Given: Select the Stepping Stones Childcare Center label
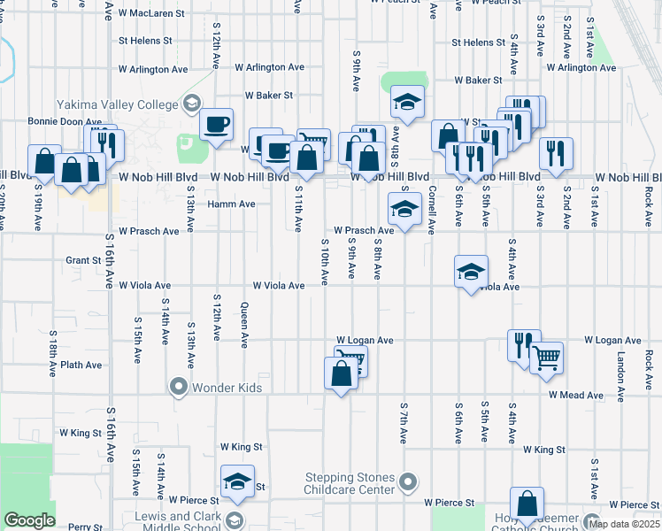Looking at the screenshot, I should pos(349,483).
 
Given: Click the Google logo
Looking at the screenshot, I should pos(28,520).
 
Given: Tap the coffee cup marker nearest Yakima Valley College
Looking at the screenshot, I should pos(216,125).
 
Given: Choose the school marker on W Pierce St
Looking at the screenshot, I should pos(237,482).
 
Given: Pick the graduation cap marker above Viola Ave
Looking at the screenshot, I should pos(471,271).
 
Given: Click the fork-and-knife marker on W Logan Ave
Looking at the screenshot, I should pos(524,346).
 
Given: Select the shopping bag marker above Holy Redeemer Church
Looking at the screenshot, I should pos(527,504).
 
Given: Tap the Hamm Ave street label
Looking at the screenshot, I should pos(231,204).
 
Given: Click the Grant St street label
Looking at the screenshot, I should pos(83,260).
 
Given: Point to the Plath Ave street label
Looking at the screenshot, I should pos(81,364).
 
